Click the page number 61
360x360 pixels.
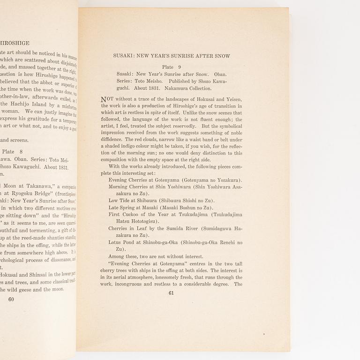click(x=171, y=293)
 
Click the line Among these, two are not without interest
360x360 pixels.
click(x=156, y=256)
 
